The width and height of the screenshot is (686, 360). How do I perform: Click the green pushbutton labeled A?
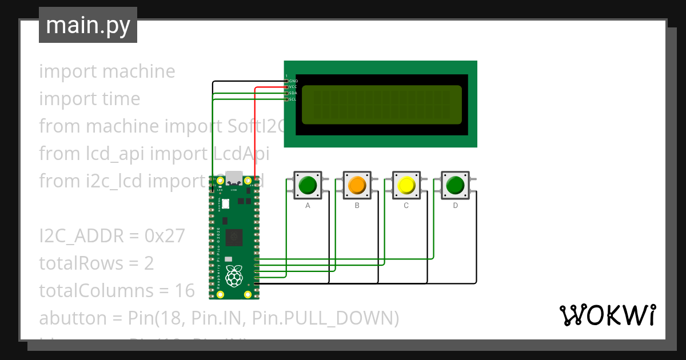click(308, 185)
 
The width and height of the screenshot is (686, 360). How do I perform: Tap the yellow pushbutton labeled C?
click(406, 185)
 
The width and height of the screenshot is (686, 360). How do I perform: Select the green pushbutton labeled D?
click(455, 185)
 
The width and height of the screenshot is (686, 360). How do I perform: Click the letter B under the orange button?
click(357, 206)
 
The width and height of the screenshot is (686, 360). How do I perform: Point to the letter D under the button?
click(455, 206)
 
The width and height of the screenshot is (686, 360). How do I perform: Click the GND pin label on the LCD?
click(293, 81)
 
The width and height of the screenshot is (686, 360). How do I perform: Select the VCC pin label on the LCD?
click(293, 87)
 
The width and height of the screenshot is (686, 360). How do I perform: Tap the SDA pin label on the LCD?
click(293, 93)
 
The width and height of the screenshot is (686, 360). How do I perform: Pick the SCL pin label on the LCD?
click(293, 99)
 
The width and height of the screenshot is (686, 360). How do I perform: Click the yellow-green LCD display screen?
click(381, 105)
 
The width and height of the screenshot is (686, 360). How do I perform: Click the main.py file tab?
click(88, 25)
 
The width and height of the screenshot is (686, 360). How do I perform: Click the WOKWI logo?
click(607, 315)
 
